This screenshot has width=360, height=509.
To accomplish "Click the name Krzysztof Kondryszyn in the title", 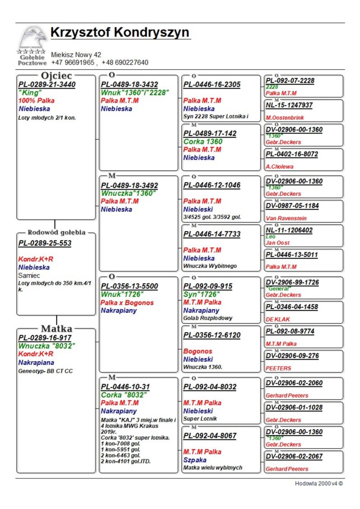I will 120,33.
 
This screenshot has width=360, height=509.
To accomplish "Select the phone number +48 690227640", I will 125,63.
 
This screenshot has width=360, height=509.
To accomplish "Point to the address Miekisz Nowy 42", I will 76,54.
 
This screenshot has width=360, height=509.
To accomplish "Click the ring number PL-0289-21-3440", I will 47,85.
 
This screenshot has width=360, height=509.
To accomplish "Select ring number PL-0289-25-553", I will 45,243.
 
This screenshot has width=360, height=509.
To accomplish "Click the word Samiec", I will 29,275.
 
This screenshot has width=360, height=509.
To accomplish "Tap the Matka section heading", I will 56,328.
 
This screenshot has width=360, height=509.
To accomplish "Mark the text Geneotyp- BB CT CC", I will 45,371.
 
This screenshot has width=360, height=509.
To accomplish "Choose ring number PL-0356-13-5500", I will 129,286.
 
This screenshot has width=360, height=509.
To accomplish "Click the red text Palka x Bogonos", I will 127,302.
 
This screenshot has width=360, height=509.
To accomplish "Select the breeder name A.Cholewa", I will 279,167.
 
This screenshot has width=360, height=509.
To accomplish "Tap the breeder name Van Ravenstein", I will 286,218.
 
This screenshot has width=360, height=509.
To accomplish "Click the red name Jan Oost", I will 277,243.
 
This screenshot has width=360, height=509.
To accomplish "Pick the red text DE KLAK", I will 278,320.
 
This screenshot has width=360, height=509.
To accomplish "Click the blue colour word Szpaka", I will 195,460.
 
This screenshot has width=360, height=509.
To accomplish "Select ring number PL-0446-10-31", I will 125,387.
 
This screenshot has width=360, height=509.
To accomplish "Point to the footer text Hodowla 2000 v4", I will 316,484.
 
